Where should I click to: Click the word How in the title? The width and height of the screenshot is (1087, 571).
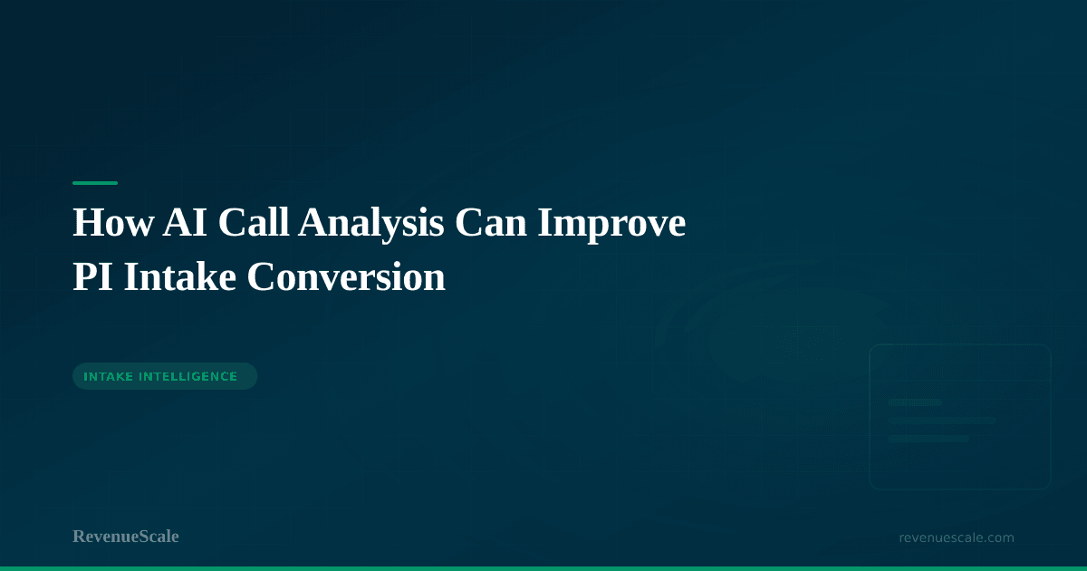click(113, 223)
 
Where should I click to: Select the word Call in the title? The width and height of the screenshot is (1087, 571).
click(254, 222)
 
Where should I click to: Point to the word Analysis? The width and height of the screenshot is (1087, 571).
click(370, 226)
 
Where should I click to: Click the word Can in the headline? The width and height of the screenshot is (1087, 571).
click(490, 223)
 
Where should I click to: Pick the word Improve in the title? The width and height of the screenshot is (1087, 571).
click(611, 226)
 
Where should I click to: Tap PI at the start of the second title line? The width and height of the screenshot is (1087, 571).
click(93, 277)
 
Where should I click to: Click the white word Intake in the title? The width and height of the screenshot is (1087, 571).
click(180, 276)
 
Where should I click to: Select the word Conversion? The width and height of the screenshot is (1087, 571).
click(346, 277)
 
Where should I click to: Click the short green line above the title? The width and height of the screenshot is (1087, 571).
click(95, 183)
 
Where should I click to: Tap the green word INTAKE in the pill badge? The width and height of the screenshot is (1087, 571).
click(108, 377)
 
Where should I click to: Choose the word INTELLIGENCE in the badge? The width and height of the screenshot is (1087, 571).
click(188, 377)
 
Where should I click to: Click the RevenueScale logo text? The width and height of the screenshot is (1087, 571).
click(126, 537)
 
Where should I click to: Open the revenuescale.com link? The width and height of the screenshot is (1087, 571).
click(957, 538)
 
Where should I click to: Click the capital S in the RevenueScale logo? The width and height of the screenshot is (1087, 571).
click(144, 537)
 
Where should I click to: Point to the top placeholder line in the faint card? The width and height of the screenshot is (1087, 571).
click(915, 402)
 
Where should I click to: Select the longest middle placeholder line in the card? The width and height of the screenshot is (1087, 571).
click(942, 421)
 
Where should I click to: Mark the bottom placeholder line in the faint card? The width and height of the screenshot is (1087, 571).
click(928, 439)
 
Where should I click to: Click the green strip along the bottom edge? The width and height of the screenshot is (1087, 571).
click(543, 568)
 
